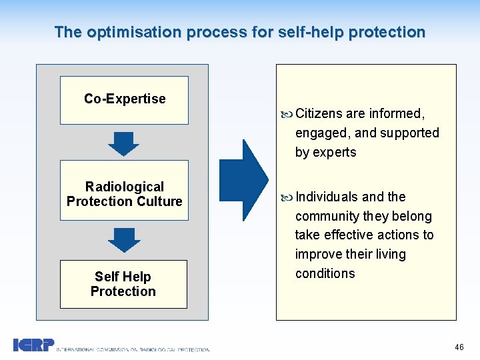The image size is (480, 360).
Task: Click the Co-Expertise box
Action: coord(124,100)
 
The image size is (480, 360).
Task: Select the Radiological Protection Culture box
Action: coord(124,191)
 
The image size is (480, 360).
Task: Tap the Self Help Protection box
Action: coord(123,284)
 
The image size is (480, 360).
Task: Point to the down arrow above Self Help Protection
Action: coord(124,240)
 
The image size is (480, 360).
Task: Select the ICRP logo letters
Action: coord(33,345)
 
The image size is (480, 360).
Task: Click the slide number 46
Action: coord(459,347)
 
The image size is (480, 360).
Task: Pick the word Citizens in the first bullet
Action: coord(319,113)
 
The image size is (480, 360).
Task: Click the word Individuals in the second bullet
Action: coord(327,197)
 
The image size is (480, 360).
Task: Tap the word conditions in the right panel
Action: coord(325,273)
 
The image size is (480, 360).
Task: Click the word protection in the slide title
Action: coord(386,32)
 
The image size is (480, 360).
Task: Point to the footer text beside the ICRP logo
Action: coord(133,349)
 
